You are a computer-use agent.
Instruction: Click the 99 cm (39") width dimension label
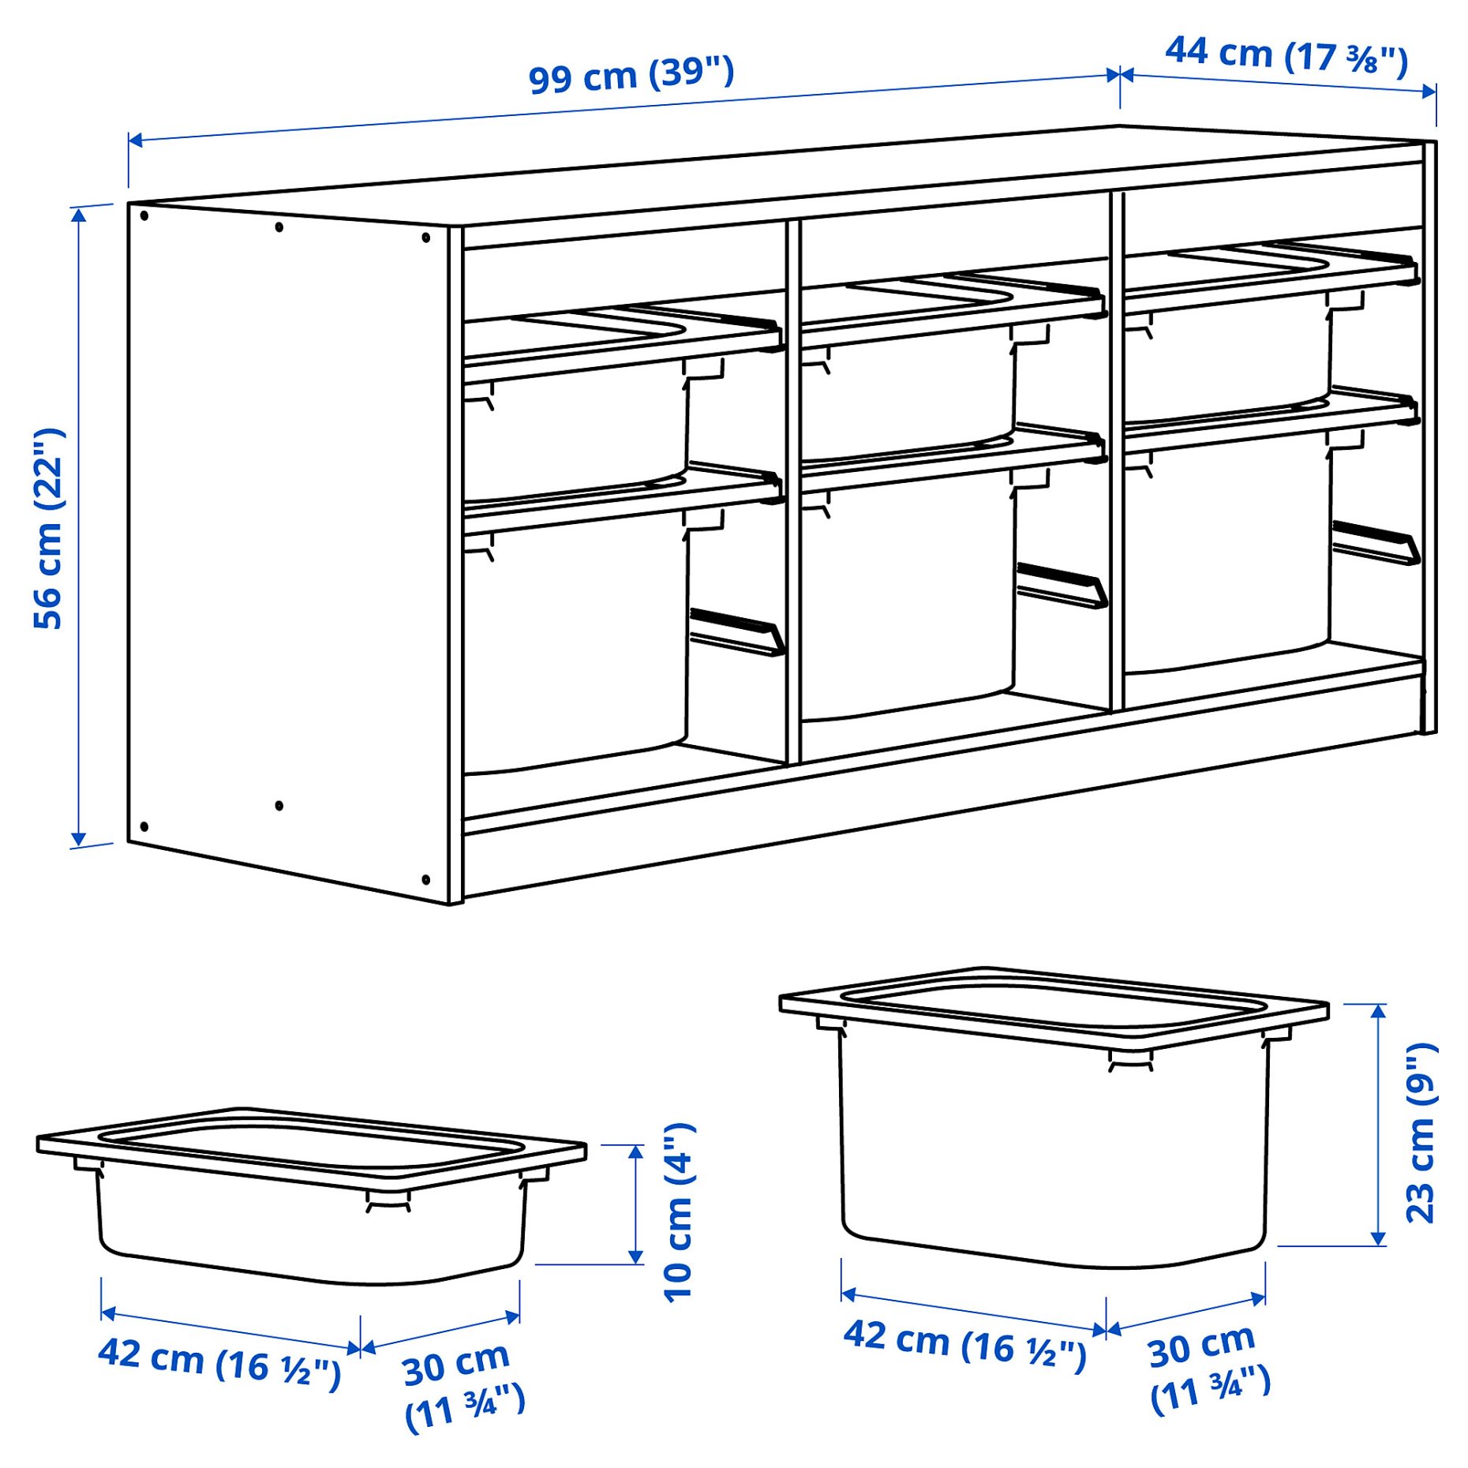pyautogui.click(x=631, y=75)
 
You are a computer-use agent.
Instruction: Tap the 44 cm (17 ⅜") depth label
pyautogui.click(x=1286, y=55)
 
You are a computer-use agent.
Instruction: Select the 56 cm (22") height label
pyautogui.click(x=49, y=529)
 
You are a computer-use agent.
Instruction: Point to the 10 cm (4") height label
pyautogui.click(x=679, y=1212)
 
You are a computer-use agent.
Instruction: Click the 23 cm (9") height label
pyautogui.click(x=1421, y=1133)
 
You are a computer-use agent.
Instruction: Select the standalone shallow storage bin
pyautogui.click(x=311, y=1192)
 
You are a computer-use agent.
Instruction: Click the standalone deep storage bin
pyautogui.click(x=1054, y=1121)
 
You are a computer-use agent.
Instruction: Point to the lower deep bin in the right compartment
pyautogui.click(x=1227, y=552)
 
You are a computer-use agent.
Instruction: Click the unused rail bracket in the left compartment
pyautogui.click(x=737, y=631)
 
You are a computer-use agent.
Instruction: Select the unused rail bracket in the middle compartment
pyautogui.click(x=1062, y=585)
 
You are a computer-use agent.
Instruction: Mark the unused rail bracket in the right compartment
pyautogui.click(x=1376, y=542)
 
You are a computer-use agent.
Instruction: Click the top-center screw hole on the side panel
pyautogui.click(x=279, y=227)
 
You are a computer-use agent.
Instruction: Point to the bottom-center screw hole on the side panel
pyautogui.click(x=279, y=806)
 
